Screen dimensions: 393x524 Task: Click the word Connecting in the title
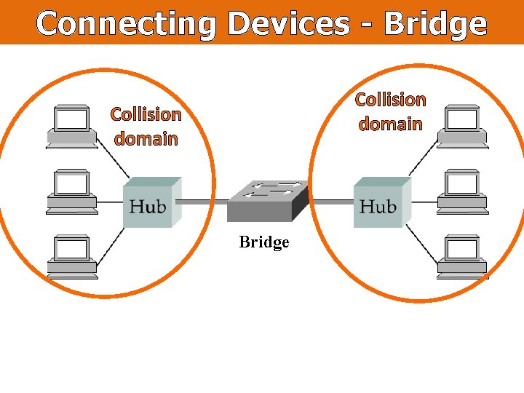click(125, 24)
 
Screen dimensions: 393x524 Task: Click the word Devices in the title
click(288, 24)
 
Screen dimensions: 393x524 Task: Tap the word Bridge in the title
click(434, 24)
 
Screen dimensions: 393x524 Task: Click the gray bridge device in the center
click(266, 200)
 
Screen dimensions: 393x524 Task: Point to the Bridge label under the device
click(264, 242)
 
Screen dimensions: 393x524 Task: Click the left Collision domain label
click(146, 126)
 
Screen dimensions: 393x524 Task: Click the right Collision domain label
click(390, 111)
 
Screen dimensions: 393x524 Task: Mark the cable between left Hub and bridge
click(201, 202)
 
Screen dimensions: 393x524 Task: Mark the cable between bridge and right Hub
click(331, 202)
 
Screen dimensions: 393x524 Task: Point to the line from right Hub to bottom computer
click(422, 242)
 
